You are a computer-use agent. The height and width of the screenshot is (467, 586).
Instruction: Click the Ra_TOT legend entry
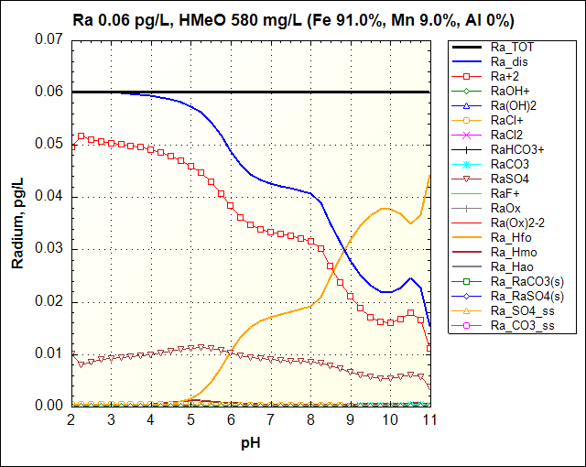[510, 46]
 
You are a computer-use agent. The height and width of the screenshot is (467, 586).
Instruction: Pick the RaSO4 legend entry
[510, 179]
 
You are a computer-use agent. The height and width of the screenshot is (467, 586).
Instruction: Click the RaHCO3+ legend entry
[518, 149]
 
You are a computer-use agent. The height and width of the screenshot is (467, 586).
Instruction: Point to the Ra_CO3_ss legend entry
[522, 326]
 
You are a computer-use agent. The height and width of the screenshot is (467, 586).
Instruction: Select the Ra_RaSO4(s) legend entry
[526, 296]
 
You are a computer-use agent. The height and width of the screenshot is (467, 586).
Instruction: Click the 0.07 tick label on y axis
[47, 39]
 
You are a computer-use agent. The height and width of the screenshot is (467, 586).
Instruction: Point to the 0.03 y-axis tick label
[47, 249]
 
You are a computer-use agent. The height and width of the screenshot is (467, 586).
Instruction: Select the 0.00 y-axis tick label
[47, 406]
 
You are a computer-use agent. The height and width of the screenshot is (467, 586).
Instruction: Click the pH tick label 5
[190, 419]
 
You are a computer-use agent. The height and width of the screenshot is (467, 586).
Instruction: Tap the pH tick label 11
[429, 419]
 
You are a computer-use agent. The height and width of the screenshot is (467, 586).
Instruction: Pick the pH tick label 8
[310, 419]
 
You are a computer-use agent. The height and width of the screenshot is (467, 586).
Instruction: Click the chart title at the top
[293, 19]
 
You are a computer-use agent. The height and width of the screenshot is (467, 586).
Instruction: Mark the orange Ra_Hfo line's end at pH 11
[429, 175]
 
